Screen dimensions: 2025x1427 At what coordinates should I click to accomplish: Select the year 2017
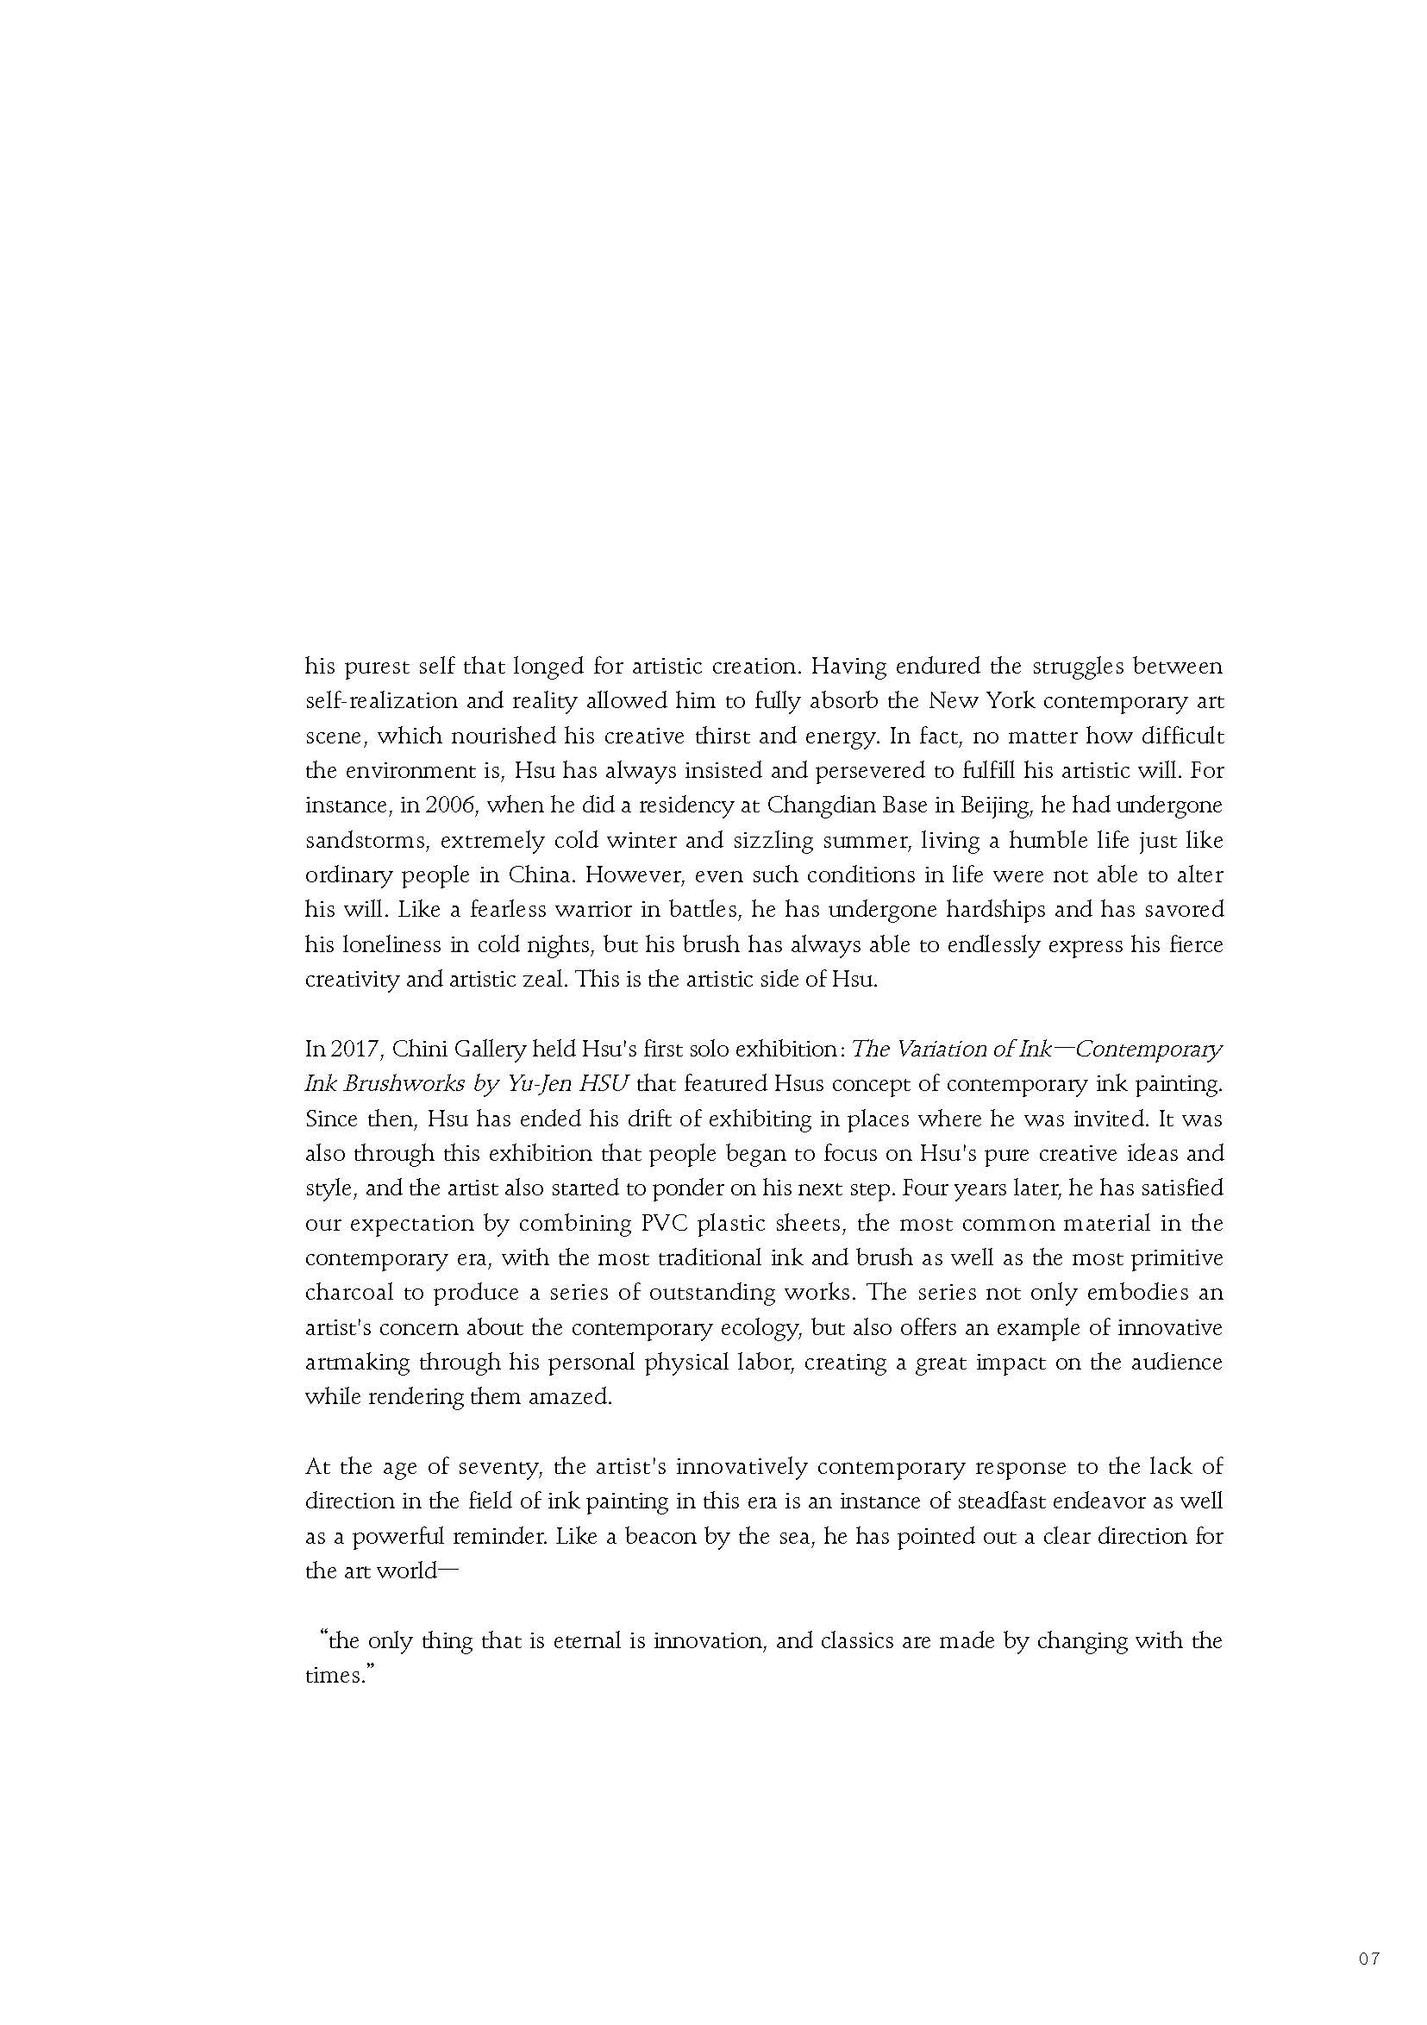click(353, 1049)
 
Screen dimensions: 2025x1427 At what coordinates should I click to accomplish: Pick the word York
click(1005, 701)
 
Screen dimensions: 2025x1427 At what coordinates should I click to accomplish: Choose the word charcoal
click(347, 1292)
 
